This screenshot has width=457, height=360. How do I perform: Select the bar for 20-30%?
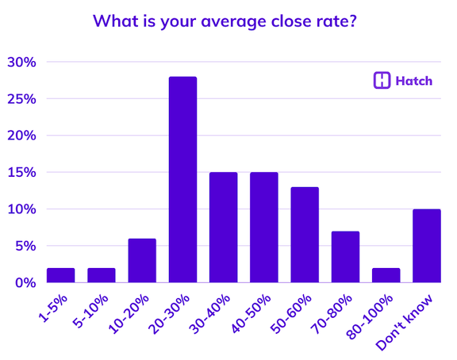(182, 179)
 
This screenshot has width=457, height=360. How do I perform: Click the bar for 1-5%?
(60, 275)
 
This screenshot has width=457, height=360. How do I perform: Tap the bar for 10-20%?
(142, 261)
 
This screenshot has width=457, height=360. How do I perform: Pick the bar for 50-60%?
(305, 235)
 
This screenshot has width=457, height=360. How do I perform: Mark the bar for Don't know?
(426, 246)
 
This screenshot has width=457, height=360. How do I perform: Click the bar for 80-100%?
(386, 275)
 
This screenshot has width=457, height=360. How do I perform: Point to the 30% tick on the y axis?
(21, 62)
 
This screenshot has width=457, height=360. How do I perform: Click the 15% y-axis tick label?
(21, 172)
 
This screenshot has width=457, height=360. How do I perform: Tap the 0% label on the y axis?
(25, 282)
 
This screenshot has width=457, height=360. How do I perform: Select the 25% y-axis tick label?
(21, 99)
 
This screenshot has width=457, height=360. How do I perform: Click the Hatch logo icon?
(382, 80)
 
